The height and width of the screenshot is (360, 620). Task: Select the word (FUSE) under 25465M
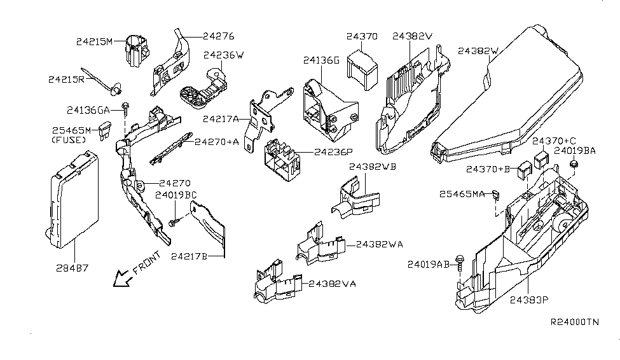tap(68, 139)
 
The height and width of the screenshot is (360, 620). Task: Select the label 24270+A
tap(217, 142)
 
